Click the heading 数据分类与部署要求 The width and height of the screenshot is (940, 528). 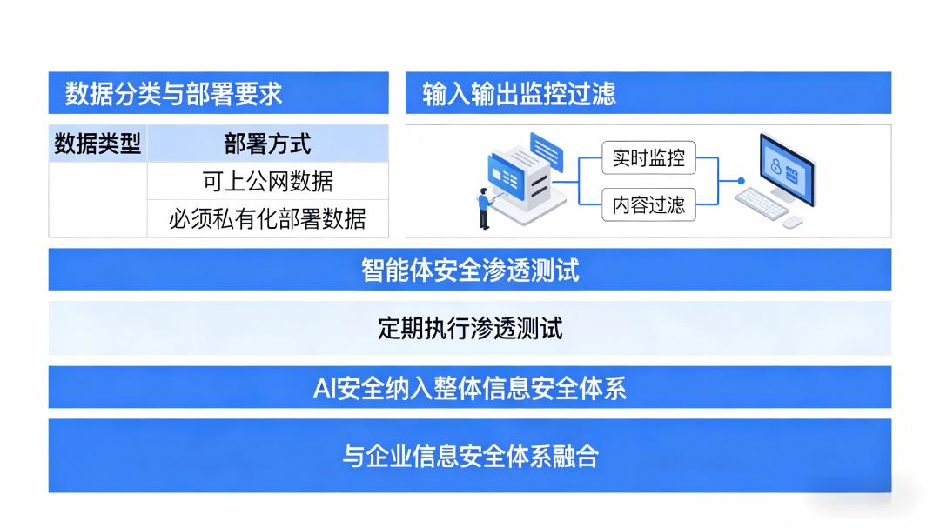pyautogui.click(x=173, y=93)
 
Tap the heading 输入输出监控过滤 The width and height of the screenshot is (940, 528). pyautogui.click(x=519, y=93)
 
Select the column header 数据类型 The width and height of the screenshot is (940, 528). pyautogui.click(x=97, y=144)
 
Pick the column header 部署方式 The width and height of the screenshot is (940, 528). pyautogui.click(x=267, y=144)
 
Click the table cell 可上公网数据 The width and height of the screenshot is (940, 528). pyautogui.click(x=267, y=181)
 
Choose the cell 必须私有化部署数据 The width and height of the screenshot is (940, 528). pyautogui.click(x=267, y=218)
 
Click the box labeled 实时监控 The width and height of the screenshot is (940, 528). pyautogui.click(x=648, y=157)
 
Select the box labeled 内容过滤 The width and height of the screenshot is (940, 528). pyautogui.click(x=648, y=205)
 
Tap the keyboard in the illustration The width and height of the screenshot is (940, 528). pyautogui.click(x=762, y=204)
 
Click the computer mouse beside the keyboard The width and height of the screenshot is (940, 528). pyautogui.click(x=793, y=223)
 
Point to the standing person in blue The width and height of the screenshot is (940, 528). pyautogui.click(x=485, y=209)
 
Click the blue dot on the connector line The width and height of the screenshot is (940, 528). pyautogui.click(x=741, y=180)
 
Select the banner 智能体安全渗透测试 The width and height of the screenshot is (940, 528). pyautogui.click(x=470, y=270)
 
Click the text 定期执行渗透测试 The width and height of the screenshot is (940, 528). pyautogui.click(x=470, y=329)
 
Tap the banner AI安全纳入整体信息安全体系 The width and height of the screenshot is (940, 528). pyautogui.click(x=470, y=387)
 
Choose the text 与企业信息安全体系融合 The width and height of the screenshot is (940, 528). pyautogui.click(x=471, y=456)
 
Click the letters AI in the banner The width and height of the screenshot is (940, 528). pyautogui.click(x=324, y=388)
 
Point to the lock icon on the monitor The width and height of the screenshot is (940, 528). pyautogui.click(x=775, y=166)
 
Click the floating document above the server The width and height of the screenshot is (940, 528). pyautogui.click(x=547, y=150)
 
